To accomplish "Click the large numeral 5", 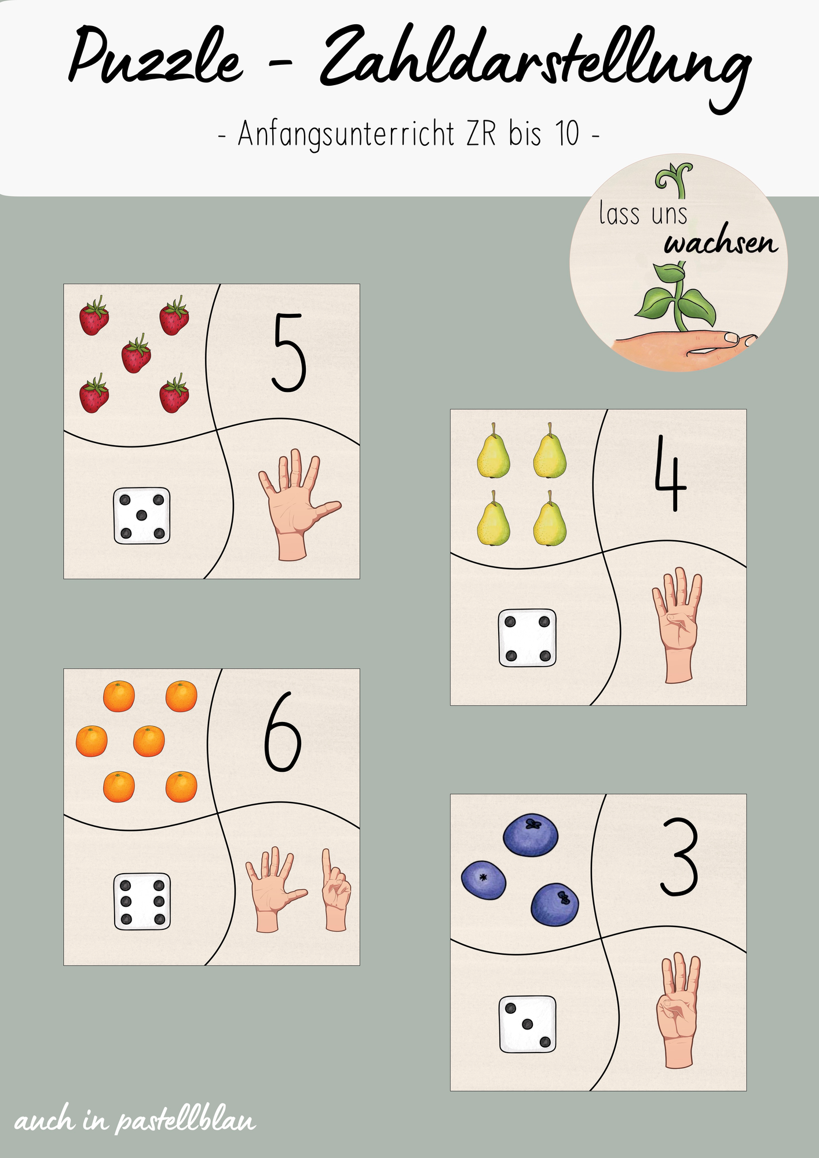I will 288,353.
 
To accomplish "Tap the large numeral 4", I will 670,474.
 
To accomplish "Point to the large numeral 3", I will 679,857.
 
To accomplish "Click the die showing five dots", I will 142,516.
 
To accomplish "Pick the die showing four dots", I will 527,638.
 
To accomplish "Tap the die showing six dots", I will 142,902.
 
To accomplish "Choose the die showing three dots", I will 527,1024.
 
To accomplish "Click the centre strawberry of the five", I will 136,354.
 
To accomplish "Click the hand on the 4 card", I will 677,626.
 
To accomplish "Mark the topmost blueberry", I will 531,835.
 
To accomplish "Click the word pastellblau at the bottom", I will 185,1121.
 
